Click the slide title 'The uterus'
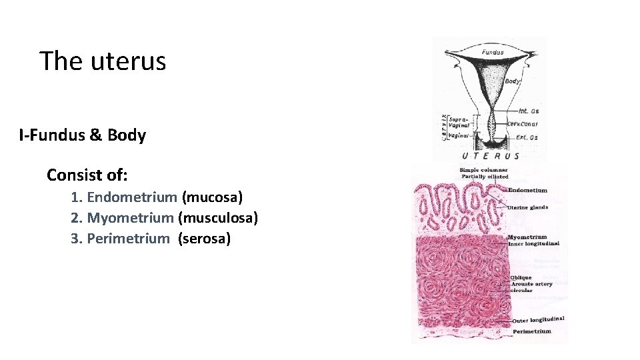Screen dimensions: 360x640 click(x=103, y=61)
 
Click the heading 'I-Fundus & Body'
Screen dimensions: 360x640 click(x=83, y=135)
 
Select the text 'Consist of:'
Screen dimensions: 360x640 click(x=87, y=175)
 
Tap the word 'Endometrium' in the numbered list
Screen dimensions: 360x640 click(x=132, y=197)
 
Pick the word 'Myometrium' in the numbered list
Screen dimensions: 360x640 click(x=131, y=218)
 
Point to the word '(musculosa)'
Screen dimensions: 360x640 click(x=218, y=218)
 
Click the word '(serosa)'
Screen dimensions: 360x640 click(x=204, y=239)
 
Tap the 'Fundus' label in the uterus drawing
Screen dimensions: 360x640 click(x=493, y=52)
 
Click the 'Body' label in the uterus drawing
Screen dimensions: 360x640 click(x=512, y=81)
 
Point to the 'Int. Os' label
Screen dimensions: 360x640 click(x=528, y=111)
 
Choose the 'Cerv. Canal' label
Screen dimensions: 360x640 click(x=523, y=124)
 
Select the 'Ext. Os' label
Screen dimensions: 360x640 click(x=527, y=137)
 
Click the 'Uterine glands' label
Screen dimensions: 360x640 click(x=527, y=207)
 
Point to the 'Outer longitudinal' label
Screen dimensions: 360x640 click(x=537, y=320)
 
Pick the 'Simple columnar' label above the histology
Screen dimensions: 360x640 click(x=483, y=170)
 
